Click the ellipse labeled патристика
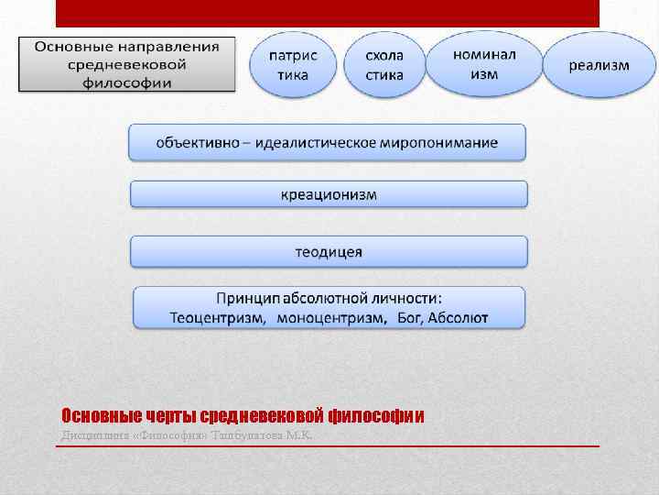pyautogui.click(x=293, y=64)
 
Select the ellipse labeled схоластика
pyautogui.click(x=384, y=64)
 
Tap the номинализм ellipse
pyautogui.click(x=484, y=63)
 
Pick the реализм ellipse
pyautogui.click(x=600, y=64)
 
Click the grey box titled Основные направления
pyautogui.click(x=127, y=64)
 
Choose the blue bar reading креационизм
pyautogui.click(x=329, y=194)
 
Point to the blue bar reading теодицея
pyautogui.click(x=329, y=252)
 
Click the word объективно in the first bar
pyautogui.click(x=196, y=143)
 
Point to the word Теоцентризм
pyautogui.click(x=218, y=318)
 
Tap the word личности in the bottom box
pyautogui.click(x=407, y=298)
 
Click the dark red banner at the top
pyautogui.click(x=327, y=13)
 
